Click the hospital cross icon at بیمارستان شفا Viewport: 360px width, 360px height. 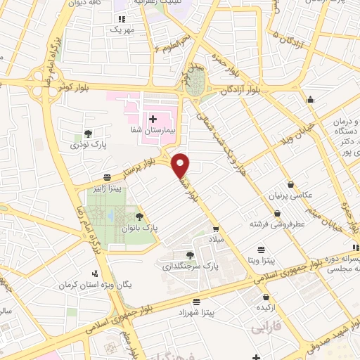coord(153,120)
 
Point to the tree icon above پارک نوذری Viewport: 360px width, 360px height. coord(87,134)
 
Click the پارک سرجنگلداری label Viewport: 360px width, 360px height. coord(188,267)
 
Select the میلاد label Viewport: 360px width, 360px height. coord(214,240)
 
